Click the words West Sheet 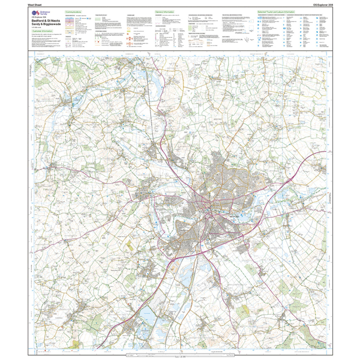(x=35, y=5)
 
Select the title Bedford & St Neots (x=45, y=20)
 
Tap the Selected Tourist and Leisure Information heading (x=276, y=12)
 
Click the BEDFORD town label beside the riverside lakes (x=234, y=217)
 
